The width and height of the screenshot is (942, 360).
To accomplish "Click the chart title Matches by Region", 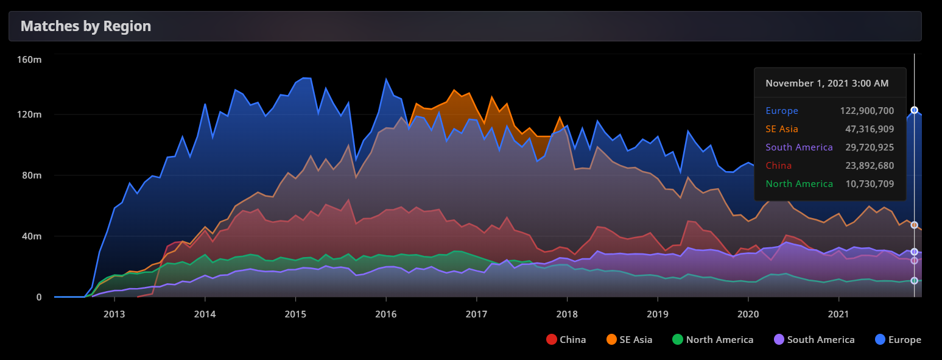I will [86, 26].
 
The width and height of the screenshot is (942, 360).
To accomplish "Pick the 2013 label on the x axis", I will [114, 314].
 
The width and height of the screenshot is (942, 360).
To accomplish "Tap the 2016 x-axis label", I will [386, 314].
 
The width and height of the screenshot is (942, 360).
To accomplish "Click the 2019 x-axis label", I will [658, 314].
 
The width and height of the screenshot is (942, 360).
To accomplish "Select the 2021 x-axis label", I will [838, 314].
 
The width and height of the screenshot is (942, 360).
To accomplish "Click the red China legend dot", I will [552, 340].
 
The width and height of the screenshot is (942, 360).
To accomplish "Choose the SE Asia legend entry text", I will [636, 340].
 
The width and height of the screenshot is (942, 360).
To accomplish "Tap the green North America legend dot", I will [678, 340].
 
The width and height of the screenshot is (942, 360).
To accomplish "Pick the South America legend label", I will [821, 340].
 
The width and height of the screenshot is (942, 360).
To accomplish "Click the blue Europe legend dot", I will [879, 340].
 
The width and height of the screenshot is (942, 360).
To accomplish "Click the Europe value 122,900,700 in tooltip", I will [863, 111].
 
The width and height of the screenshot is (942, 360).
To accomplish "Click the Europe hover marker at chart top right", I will [914, 110].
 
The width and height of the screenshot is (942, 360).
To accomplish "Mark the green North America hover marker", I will [914, 281].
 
